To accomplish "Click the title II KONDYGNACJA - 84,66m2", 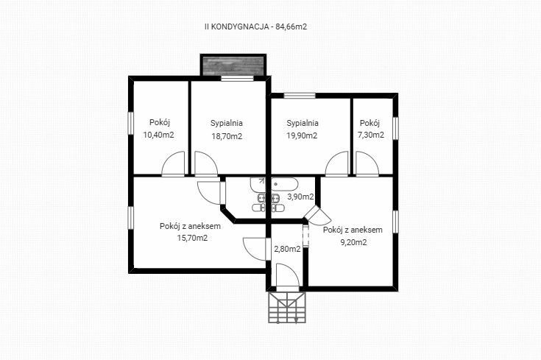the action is coord(255,27).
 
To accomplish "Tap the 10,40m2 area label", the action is coord(159,135).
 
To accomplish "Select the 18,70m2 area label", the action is coord(227,136).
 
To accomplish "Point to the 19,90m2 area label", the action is coord(302,135).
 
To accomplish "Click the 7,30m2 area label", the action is coord(371,135).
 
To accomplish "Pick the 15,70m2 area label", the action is coord(192,238).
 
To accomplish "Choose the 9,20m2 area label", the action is coord(353,242).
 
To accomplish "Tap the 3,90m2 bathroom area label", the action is coord(301,197).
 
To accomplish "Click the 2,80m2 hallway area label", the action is coord(287,249).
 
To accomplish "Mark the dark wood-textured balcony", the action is coord(233,66).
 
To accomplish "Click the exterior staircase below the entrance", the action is coord(287,308).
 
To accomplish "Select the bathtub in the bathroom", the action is coord(284,184).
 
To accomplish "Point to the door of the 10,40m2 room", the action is coord(173,164).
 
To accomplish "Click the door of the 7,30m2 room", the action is coord(367,164).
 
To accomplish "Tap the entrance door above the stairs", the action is coord(288,275).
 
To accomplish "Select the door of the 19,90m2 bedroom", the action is coord(337,164).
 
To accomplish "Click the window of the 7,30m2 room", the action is coord(396,128).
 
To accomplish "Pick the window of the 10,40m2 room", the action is coord(131,123).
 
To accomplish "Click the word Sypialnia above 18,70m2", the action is coord(227,123).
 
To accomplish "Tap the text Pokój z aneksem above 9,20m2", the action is coord(353,230).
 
